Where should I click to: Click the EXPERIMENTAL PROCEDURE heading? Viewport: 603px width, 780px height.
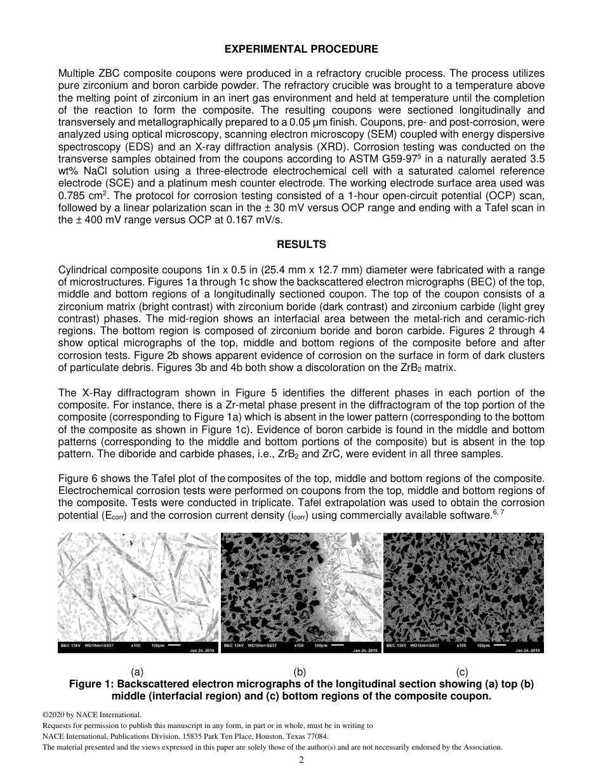pyautogui.click(x=301, y=49)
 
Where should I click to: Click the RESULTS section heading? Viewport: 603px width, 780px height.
pyautogui.click(x=301, y=244)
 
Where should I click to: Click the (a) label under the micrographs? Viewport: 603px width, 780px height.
pyautogui.click(x=137, y=672)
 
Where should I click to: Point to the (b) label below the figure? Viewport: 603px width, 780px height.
pyautogui.click(x=300, y=672)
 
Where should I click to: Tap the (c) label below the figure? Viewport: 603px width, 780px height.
pyautogui.click(x=462, y=672)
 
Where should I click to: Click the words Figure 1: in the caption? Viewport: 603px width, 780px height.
pyautogui.click(x=91, y=684)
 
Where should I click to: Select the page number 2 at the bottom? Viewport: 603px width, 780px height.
pyautogui.click(x=301, y=760)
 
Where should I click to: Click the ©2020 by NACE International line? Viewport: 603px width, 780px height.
pyautogui.click(x=82, y=715)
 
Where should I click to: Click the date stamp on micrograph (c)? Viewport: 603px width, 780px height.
pyautogui.click(x=527, y=650)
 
